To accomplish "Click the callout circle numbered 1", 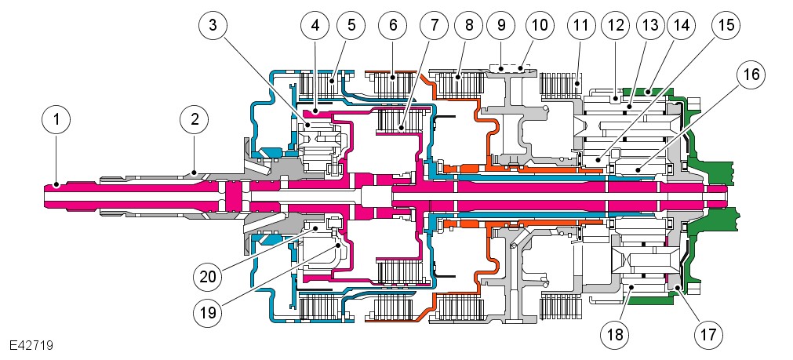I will coord(56,121).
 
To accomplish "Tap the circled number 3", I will coord(213,26).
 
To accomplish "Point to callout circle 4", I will coord(315,26).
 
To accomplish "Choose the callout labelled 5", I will coord(351,26).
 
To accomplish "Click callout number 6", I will coord(393,26).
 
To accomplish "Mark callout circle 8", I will coord(469,26).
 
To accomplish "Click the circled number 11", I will coord(580,26).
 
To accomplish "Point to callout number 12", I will coord(616,26).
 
